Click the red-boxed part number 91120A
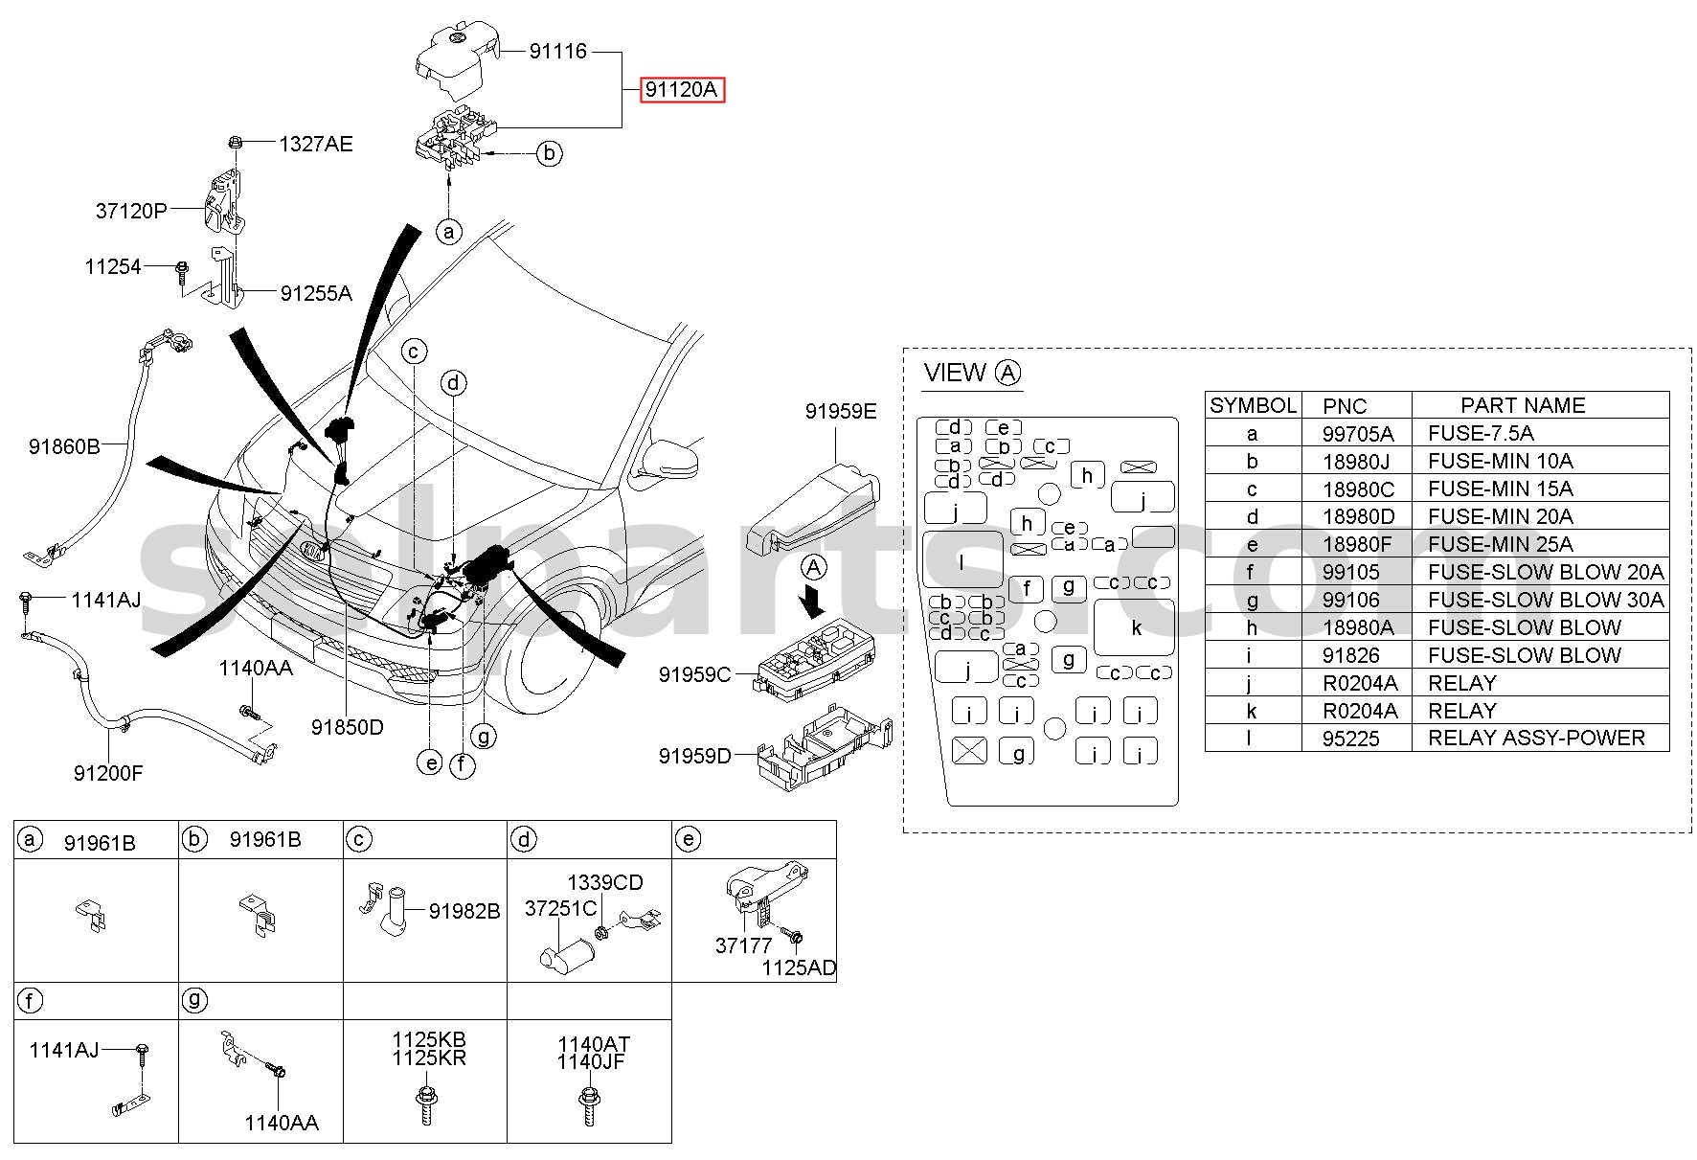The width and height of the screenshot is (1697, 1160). tap(682, 90)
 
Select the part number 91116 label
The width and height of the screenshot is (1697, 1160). tap(558, 51)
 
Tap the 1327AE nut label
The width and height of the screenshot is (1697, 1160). tap(316, 144)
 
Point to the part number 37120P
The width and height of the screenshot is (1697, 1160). tap(131, 211)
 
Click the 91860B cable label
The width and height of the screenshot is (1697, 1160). tap(64, 446)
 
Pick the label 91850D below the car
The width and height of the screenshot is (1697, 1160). tap(348, 727)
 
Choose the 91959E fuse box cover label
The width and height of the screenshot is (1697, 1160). tap(841, 411)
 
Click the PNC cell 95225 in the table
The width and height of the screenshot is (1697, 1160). tap(1351, 739)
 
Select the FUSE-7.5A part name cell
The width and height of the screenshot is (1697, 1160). tap(1481, 433)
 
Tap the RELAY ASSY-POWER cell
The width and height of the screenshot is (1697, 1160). tap(1536, 739)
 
